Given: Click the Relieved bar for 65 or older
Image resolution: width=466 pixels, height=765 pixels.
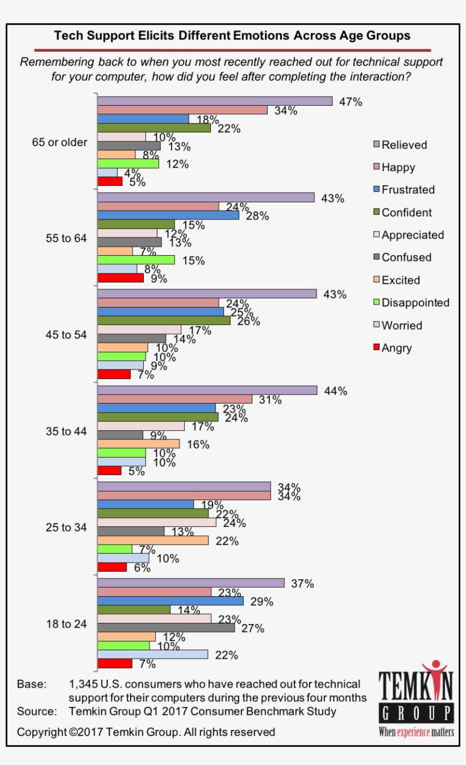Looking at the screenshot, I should click(x=215, y=101).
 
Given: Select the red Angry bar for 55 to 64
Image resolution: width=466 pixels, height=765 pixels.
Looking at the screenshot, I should click(x=120, y=278).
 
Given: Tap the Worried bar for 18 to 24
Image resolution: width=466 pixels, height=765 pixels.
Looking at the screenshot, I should click(x=153, y=654).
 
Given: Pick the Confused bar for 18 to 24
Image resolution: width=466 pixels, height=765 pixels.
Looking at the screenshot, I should click(x=166, y=627).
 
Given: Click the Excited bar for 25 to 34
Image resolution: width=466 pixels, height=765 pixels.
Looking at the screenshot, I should click(x=153, y=541).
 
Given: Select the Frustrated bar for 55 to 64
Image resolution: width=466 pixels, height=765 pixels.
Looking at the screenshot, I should click(x=168, y=216).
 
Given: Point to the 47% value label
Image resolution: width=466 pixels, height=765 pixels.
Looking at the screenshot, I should click(x=351, y=102).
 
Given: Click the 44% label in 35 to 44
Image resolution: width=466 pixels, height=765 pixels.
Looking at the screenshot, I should click(x=335, y=391).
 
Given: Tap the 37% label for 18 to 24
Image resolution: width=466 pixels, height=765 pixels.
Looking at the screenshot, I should click(x=302, y=584).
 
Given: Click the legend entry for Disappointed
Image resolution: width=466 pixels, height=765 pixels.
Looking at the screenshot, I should click(x=415, y=303).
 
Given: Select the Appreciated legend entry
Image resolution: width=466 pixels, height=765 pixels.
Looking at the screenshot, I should click(x=413, y=235).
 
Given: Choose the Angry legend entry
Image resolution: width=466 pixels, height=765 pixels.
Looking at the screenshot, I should click(x=397, y=348).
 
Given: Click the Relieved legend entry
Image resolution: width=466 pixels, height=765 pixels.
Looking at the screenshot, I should click(x=403, y=145).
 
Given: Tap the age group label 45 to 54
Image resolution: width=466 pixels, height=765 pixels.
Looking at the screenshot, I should click(x=66, y=335).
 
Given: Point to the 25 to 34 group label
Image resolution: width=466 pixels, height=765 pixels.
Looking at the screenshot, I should click(x=66, y=527).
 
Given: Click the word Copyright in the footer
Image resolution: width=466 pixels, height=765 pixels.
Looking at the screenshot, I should click(x=41, y=732).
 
